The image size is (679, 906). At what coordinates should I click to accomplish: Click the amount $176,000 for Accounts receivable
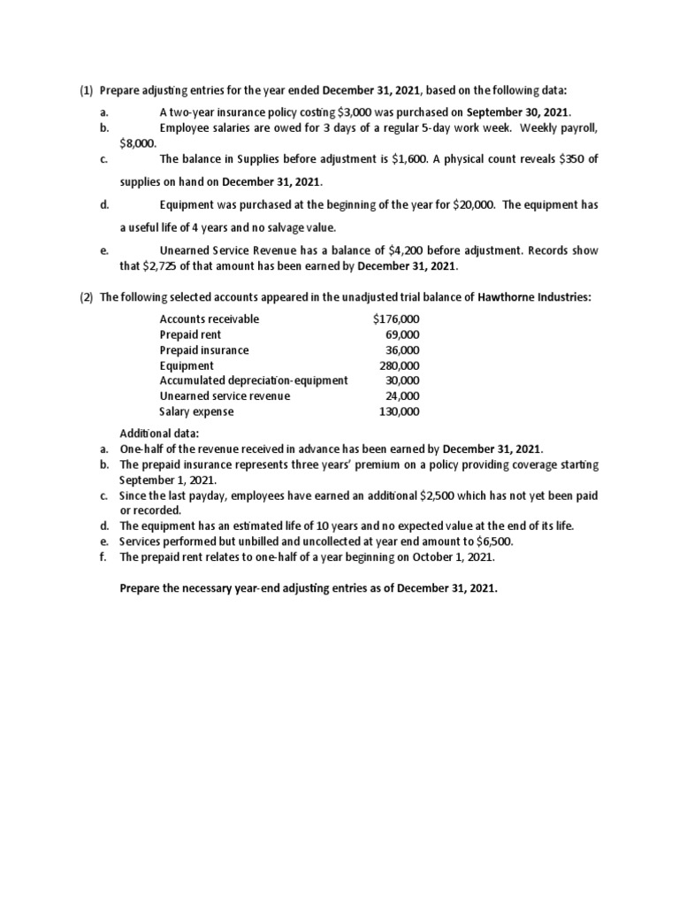pos(396,319)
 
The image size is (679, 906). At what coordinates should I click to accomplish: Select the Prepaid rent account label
pos(190,334)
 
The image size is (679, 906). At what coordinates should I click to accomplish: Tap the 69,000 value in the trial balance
pos(402,334)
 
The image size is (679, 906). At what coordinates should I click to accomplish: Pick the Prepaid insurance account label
pos(203,350)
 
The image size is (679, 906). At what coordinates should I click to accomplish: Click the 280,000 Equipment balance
pos(399,365)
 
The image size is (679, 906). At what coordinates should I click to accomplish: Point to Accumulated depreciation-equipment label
pos(253,380)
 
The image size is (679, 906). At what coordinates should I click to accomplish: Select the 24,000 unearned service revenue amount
pos(402,396)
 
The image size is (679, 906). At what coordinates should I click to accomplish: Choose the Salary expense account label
pos(196,411)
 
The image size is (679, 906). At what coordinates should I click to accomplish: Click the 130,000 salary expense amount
pos(399,411)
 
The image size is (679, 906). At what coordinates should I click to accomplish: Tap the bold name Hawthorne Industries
pos(533,297)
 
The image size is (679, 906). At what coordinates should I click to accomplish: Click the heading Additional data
pos(179,434)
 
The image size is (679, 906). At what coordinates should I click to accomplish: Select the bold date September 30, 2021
pos(518,112)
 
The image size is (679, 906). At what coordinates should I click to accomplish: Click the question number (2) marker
pos(87,297)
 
